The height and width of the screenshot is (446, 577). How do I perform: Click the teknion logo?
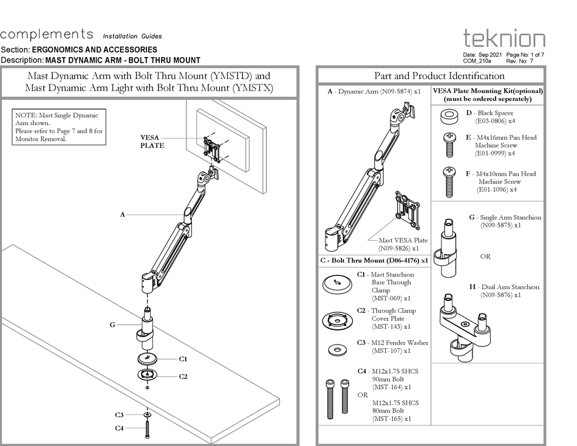point(504,38)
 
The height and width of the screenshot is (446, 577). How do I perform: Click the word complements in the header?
point(47,34)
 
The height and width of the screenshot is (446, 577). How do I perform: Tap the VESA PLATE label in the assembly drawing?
point(152,142)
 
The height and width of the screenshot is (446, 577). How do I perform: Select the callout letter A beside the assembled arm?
point(122,214)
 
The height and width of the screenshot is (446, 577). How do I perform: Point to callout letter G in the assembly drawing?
point(112,325)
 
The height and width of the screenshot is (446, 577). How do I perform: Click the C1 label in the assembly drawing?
point(183,359)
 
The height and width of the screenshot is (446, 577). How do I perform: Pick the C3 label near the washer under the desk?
point(120,415)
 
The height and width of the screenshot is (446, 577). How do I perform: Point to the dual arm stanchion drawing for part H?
point(465,322)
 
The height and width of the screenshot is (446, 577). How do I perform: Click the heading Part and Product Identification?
point(439,76)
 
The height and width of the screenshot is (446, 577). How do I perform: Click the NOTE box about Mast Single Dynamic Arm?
point(60,126)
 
